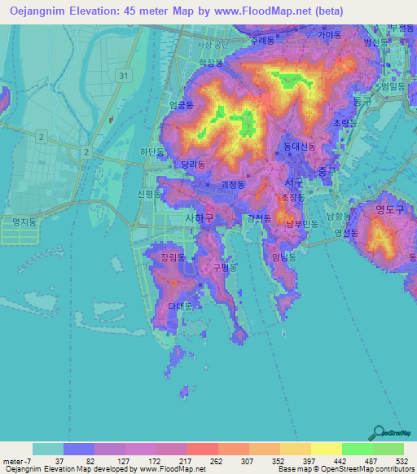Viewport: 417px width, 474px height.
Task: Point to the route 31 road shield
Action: pyautogui.click(x=123, y=75)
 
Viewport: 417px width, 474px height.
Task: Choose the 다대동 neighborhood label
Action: pyautogui.click(x=179, y=306)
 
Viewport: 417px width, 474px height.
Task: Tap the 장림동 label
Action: pyautogui.click(x=173, y=257)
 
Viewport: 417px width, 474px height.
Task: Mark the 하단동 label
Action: pyautogui.click(x=152, y=152)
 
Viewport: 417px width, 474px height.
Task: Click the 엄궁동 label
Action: pyautogui.click(x=180, y=105)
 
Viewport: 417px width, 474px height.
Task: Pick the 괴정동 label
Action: pyautogui.click(x=232, y=185)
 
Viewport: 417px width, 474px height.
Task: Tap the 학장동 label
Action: pyautogui.click(x=211, y=62)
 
